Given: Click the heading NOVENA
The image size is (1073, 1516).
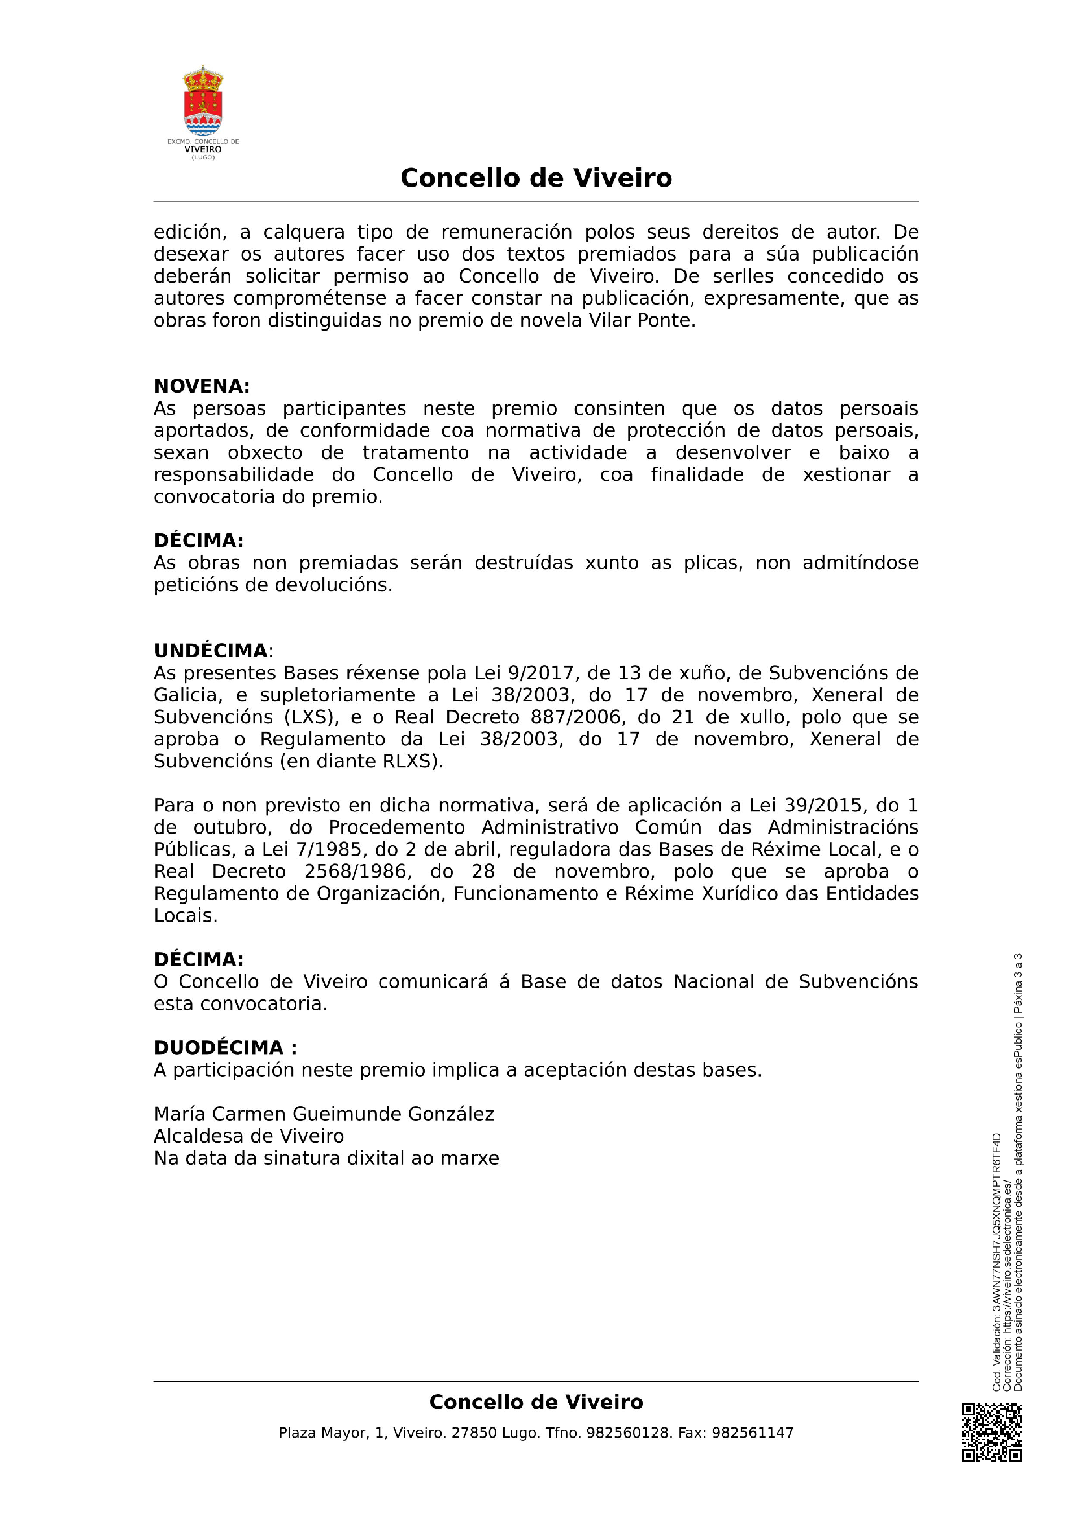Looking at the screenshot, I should [x=201, y=386].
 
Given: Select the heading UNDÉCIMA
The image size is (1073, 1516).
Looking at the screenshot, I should [x=210, y=651].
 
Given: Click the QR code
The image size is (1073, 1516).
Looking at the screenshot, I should [x=991, y=1442].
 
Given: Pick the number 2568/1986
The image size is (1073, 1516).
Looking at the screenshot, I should [x=355, y=872].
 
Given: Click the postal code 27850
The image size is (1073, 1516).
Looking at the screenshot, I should [x=474, y=1433].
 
